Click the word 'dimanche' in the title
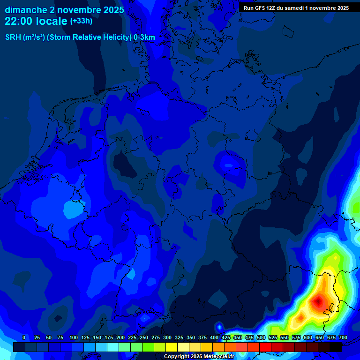26,10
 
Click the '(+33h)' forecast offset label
81,21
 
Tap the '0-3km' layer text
144,37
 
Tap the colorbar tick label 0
23,337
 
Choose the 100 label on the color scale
74,337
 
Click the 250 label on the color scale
144,337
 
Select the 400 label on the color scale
214,337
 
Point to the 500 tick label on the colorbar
261,337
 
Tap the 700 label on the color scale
343,337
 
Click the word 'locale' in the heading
52,21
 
